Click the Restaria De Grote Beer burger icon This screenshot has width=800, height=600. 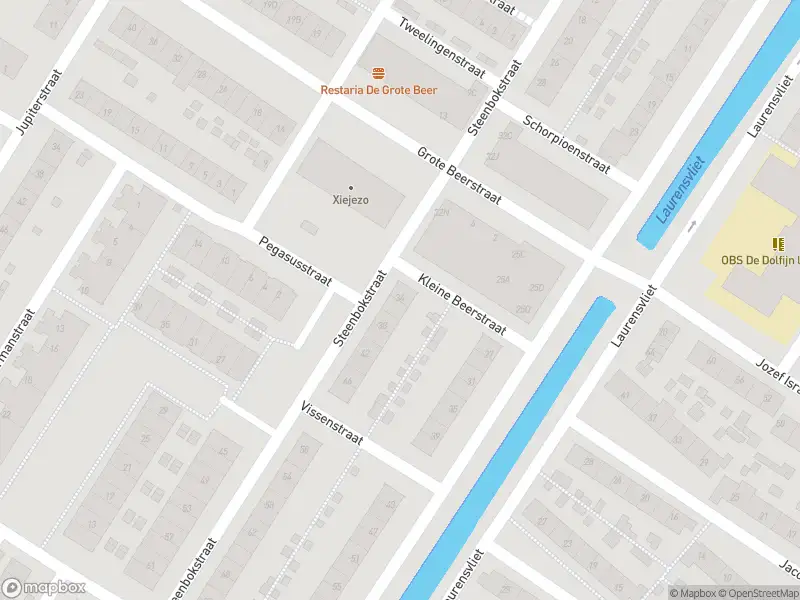pyautogui.click(x=379, y=73)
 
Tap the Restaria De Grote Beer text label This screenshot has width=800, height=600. pyautogui.click(x=379, y=90)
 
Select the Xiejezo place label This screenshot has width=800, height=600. pyautogui.click(x=351, y=200)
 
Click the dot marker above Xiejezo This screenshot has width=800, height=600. pyautogui.click(x=351, y=187)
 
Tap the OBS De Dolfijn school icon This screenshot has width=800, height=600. pyautogui.click(x=778, y=243)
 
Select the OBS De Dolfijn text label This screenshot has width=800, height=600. pyautogui.click(x=760, y=260)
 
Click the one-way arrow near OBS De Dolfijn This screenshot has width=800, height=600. pyautogui.click(x=690, y=227)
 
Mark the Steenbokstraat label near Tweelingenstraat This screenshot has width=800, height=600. pyautogui.click(x=496, y=97)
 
